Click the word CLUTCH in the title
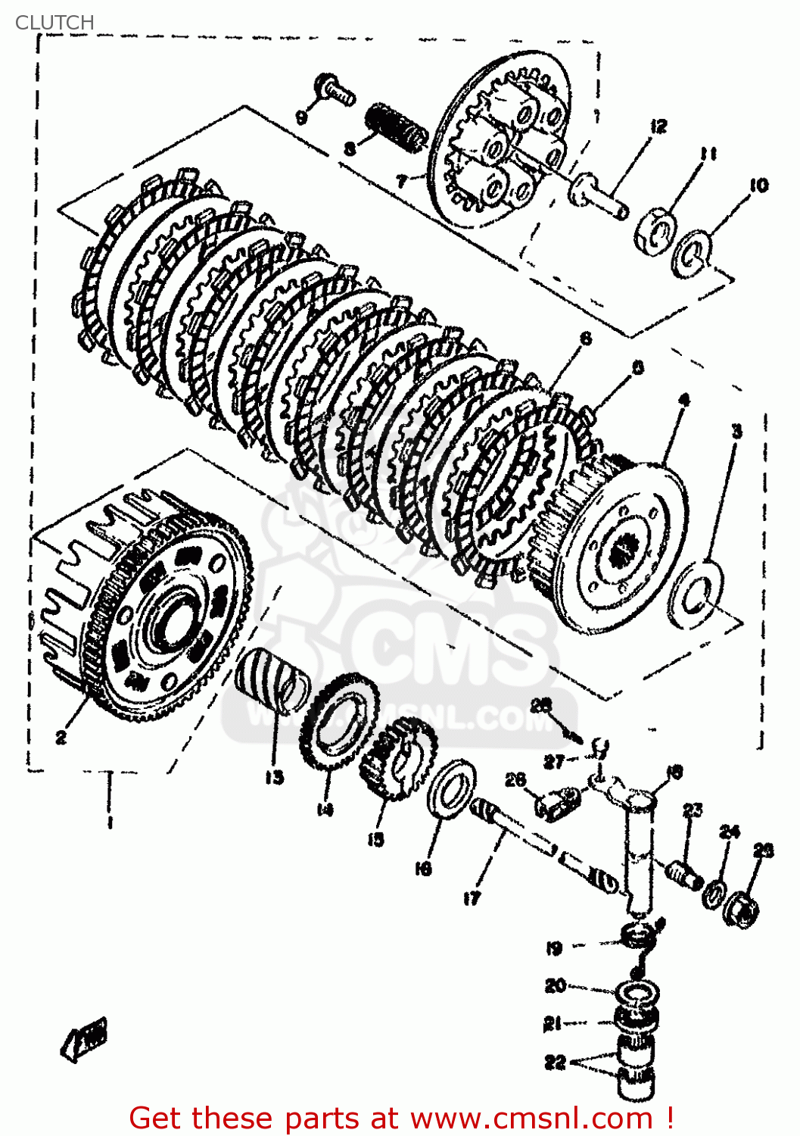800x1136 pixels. click(54, 23)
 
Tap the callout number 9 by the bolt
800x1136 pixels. click(301, 117)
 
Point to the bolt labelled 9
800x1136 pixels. click(336, 89)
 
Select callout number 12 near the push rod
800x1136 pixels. click(658, 126)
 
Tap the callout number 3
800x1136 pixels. click(736, 432)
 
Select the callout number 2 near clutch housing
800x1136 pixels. click(61, 736)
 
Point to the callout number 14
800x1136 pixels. click(325, 810)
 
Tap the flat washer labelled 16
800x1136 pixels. click(451, 788)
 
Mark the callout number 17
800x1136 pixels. click(472, 898)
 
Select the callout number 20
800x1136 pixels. click(555, 985)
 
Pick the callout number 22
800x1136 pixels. click(555, 1062)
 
